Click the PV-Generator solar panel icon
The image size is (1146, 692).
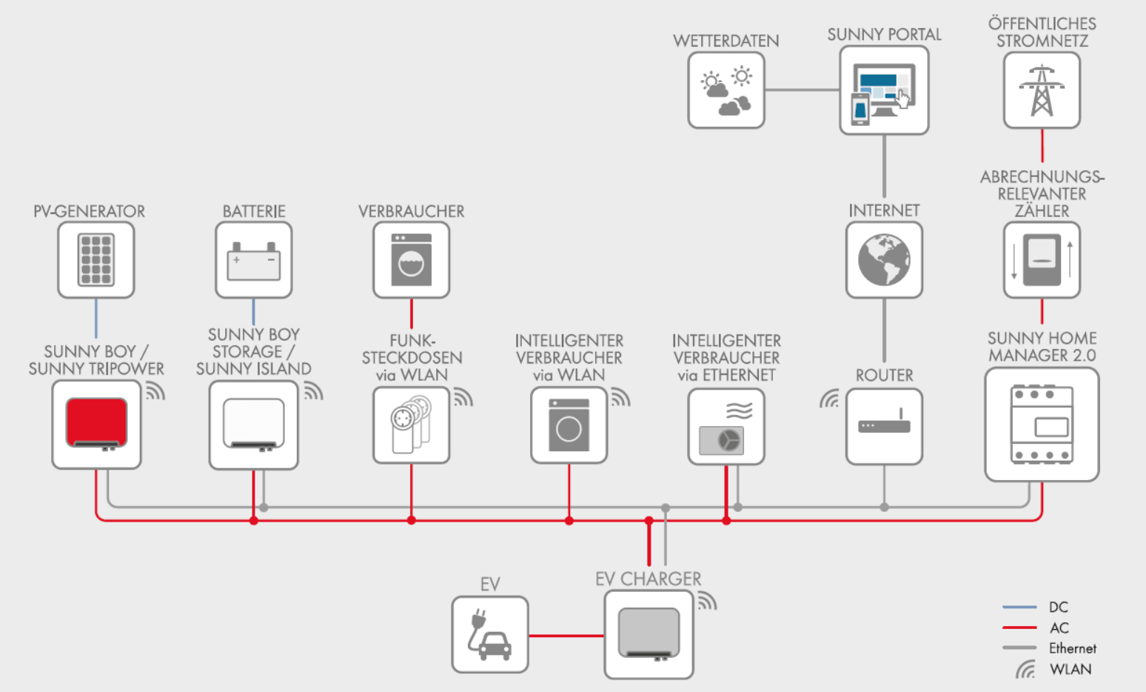point(96,259)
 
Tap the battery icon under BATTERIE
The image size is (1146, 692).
point(254,261)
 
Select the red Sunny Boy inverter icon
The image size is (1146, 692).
point(96,424)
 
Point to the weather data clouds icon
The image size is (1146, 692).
point(726,90)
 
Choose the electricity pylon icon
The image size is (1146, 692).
point(1042,90)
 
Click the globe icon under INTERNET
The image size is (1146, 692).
point(884,260)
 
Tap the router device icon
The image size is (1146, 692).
point(884,422)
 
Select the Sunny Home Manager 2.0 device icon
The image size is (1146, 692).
point(1042,425)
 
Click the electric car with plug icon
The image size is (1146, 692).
point(489,634)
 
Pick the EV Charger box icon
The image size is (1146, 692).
point(649,633)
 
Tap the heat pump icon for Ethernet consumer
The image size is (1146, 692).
point(726,428)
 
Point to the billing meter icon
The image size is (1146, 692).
point(1042,260)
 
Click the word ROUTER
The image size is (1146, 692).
point(884,375)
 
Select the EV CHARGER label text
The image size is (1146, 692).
point(649,579)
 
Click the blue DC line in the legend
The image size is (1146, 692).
point(1019,607)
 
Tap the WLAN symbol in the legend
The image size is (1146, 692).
point(1025,670)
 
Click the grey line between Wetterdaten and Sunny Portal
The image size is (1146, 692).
point(802,90)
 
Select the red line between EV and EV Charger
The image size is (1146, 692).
point(566,636)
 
